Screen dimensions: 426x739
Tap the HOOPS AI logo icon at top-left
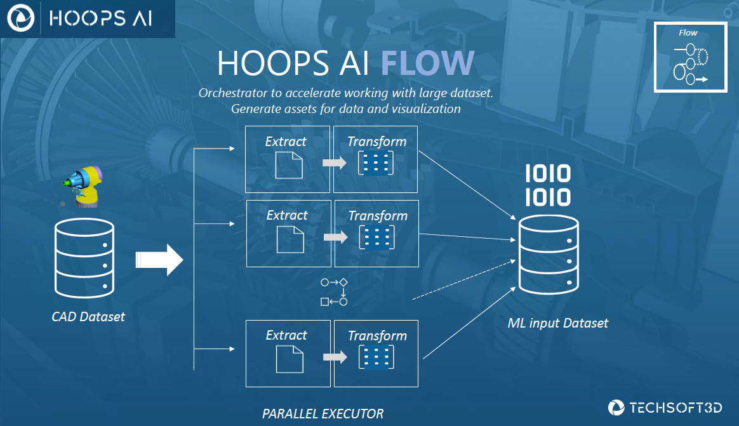pyautogui.click(x=20, y=18)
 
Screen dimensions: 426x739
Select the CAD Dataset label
pyautogui.click(x=88, y=316)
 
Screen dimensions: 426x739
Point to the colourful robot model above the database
pyautogui.click(x=85, y=185)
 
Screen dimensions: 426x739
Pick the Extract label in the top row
pyautogui.click(x=286, y=142)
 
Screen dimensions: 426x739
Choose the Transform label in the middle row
pyautogui.click(x=378, y=216)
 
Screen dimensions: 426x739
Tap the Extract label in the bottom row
pyautogui.click(x=287, y=335)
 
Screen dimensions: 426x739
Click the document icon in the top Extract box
pyautogui.click(x=288, y=164)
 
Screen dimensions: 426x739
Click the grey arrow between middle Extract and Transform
pyautogui.click(x=335, y=237)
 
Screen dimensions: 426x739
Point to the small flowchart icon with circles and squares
pyautogui.click(x=335, y=291)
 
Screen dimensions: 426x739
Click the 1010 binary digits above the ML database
pyautogui.click(x=547, y=186)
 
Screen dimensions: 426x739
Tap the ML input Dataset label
pyautogui.click(x=558, y=323)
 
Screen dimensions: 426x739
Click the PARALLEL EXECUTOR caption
pyautogui.click(x=323, y=414)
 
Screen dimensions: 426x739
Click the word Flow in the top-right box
pyautogui.click(x=688, y=33)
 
